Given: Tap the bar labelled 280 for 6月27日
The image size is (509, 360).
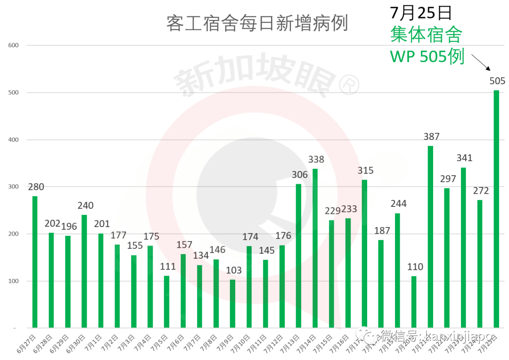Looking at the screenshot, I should pyautogui.click(x=35, y=262).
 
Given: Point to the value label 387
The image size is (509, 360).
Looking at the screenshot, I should pyautogui.click(x=431, y=137).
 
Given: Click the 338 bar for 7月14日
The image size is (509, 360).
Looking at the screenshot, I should pyautogui.click(x=315, y=248).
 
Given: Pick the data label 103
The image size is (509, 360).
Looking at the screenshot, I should pyautogui.click(x=233, y=270).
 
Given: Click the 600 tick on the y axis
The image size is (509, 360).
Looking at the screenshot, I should pyautogui.click(x=13, y=45).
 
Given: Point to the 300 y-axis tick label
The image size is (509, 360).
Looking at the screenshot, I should pyautogui.click(x=13, y=187).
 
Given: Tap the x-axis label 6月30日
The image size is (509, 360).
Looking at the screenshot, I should pyautogui.click(x=77, y=343).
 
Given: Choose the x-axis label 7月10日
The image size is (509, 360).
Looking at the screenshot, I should pyautogui.click(x=241, y=343).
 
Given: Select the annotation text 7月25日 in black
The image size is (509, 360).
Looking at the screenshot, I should pyautogui.click(x=421, y=13).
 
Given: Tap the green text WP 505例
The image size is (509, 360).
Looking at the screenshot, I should pyautogui.click(x=427, y=57).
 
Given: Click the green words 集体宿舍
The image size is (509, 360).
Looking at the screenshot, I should pyautogui.click(x=426, y=34).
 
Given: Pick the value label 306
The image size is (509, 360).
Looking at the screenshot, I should pyautogui.click(x=299, y=175).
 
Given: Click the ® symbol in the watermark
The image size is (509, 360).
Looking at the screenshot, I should pyautogui.click(x=349, y=85).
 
